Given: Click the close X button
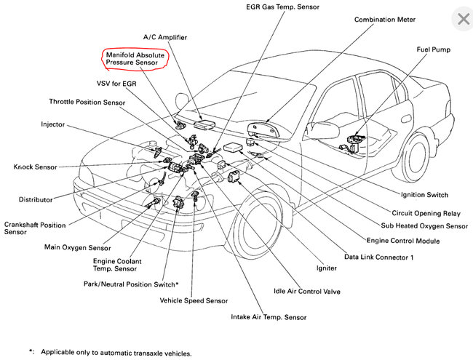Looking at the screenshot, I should click(x=461, y=19).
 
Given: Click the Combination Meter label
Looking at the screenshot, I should click(x=384, y=20).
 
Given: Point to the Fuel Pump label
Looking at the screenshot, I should click(x=433, y=49).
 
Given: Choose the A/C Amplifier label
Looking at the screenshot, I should click(x=164, y=36).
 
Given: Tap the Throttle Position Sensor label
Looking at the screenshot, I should click(x=87, y=102).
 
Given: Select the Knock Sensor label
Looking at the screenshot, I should click(x=35, y=167).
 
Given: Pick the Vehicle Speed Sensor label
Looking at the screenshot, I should click(x=194, y=300).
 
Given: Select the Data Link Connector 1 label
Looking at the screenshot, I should click(x=378, y=257).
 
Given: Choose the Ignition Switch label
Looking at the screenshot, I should click(x=424, y=195).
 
